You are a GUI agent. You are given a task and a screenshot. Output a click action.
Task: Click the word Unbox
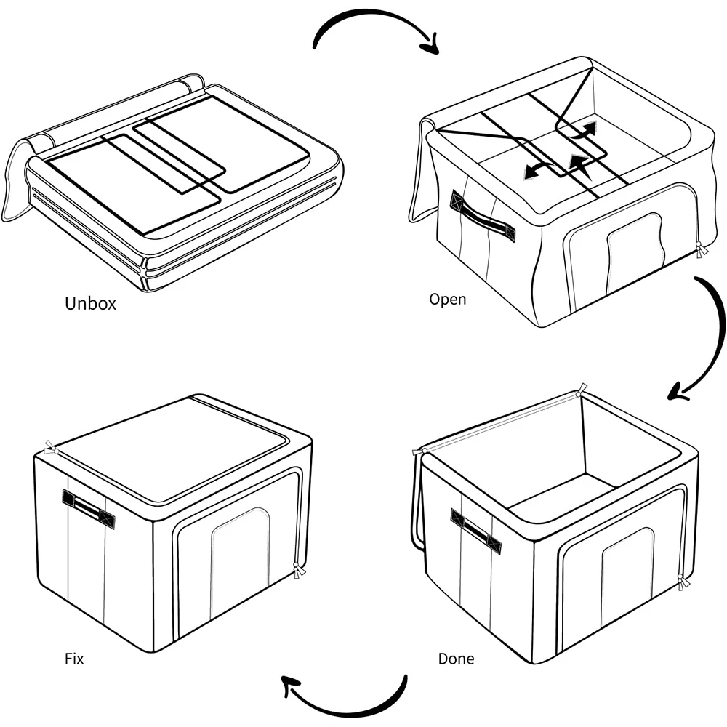point(90,303)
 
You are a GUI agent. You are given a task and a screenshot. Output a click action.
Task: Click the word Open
point(447,299)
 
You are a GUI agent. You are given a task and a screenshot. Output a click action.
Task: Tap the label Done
point(456,659)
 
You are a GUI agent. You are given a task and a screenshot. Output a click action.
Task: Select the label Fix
point(74,659)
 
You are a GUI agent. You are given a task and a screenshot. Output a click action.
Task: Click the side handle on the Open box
point(483,218)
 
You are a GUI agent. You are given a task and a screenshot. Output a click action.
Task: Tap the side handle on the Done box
point(475,531)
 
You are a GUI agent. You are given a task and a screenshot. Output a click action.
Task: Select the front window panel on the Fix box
point(240,556)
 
